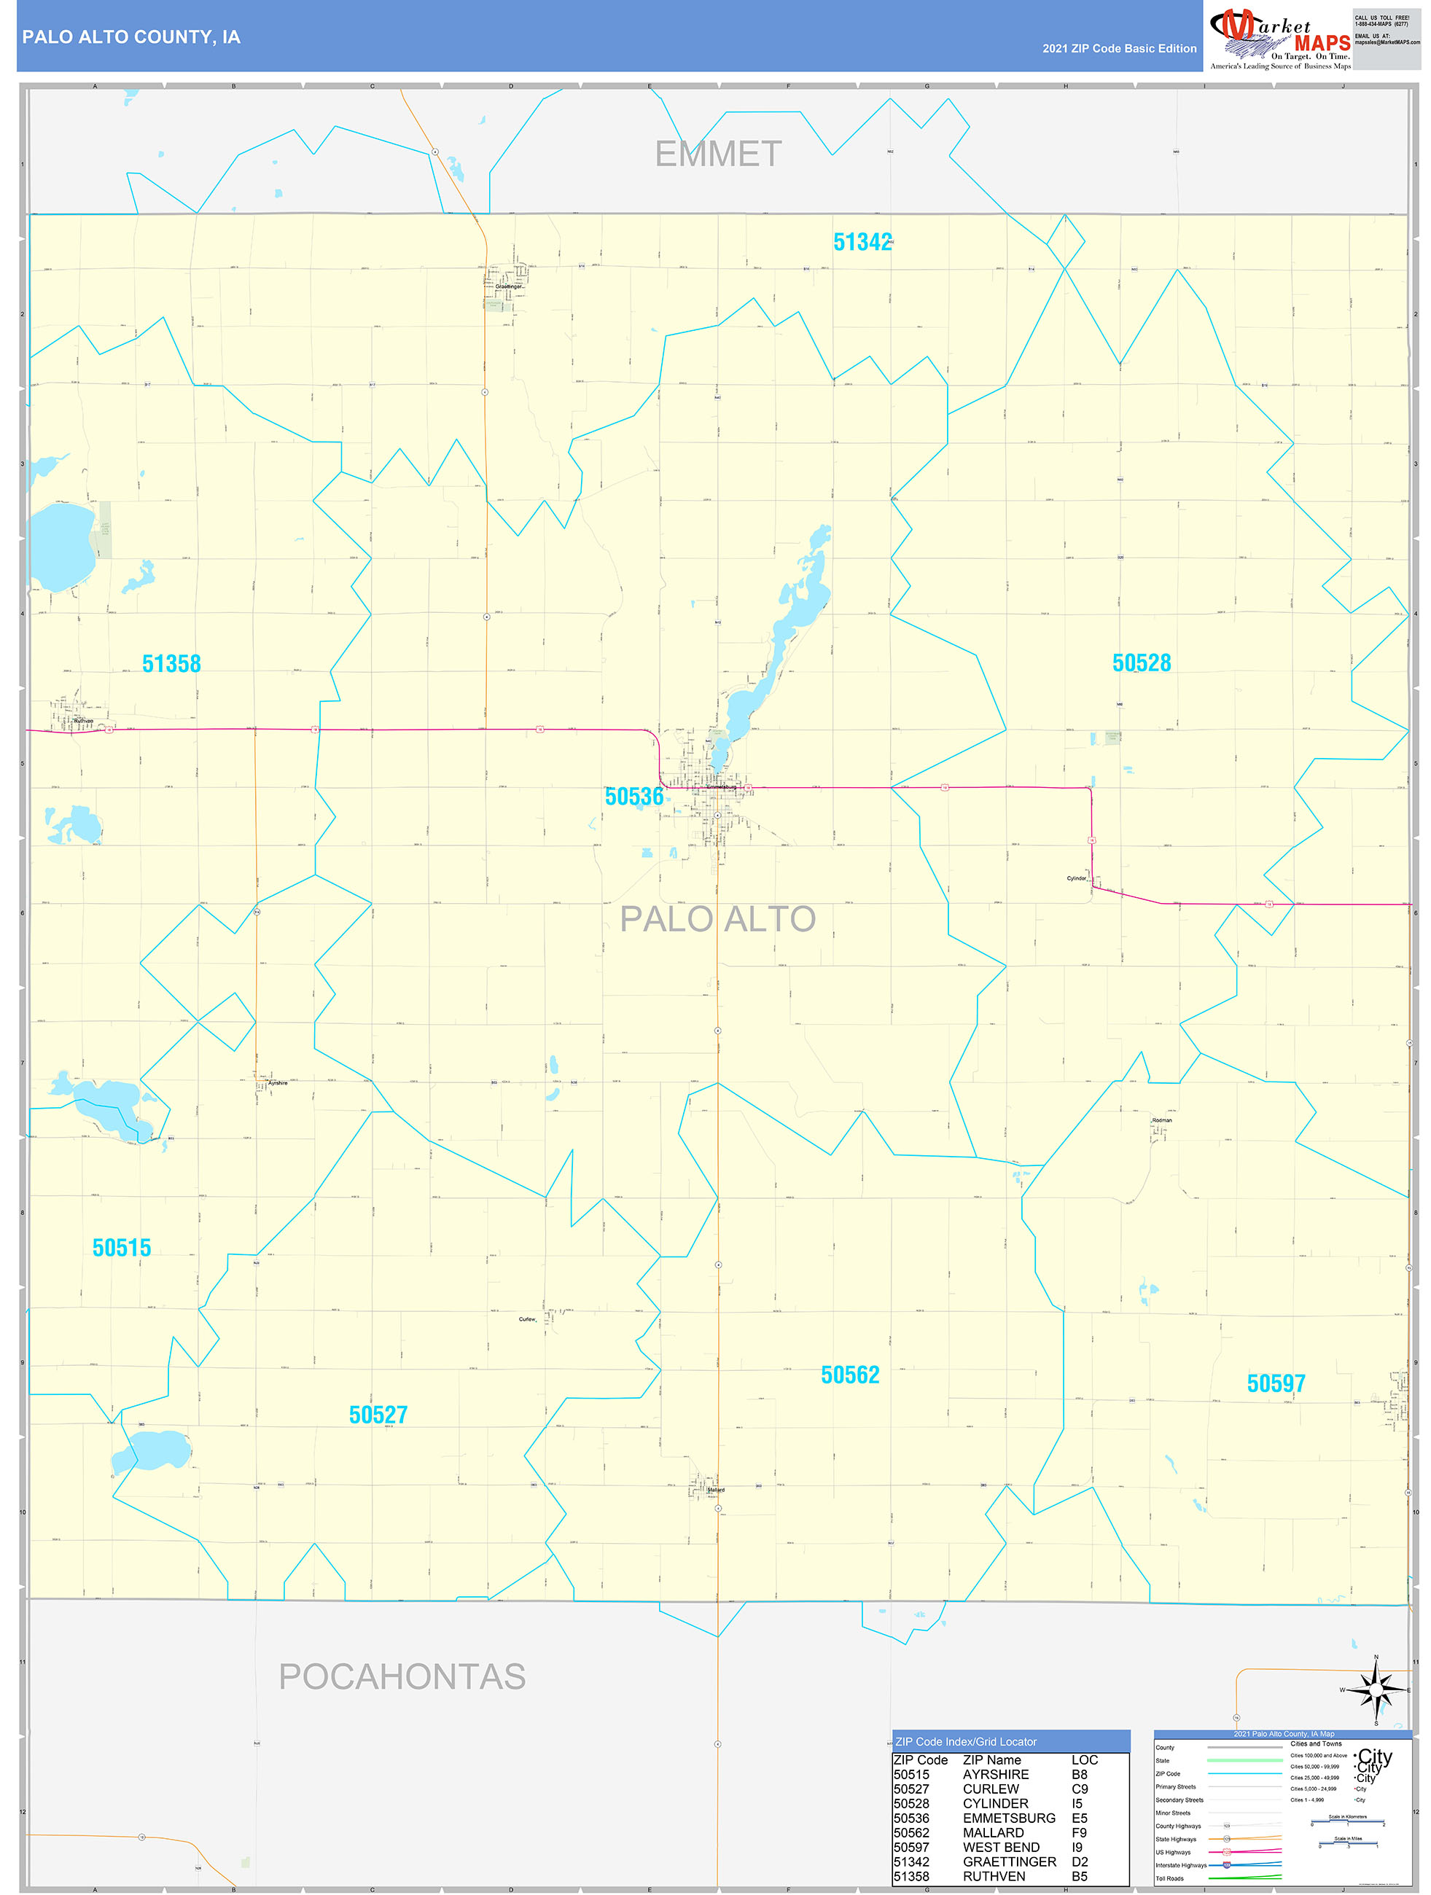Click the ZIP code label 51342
click(x=862, y=243)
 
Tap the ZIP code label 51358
click(x=171, y=664)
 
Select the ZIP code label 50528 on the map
click(x=1142, y=663)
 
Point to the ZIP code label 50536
click(x=634, y=797)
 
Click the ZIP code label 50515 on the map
click(x=122, y=1249)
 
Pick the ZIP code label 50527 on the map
click(x=378, y=1415)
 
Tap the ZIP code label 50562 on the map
click(x=850, y=1375)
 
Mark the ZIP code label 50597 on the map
click(x=1276, y=1383)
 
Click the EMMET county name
click(x=718, y=155)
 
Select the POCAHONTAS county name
click(x=402, y=1676)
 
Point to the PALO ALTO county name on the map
click(x=717, y=919)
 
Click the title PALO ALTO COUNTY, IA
click(x=131, y=37)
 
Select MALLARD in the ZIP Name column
click(x=993, y=1832)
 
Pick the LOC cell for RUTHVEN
click(x=1079, y=1876)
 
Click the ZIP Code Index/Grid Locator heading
click(x=966, y=1742)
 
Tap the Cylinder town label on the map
click(x=1076, y=878)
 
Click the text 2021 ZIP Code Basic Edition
click(x=1119, y=49)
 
